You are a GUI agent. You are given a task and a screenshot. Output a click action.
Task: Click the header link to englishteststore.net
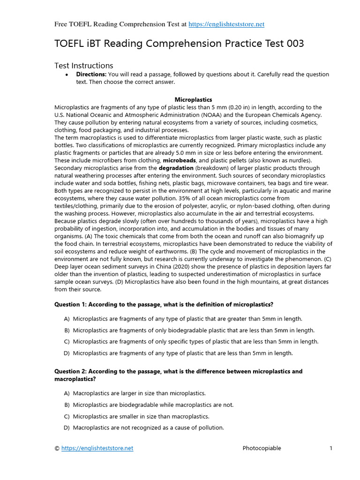[226, 24]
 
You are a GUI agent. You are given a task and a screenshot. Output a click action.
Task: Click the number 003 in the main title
[292, 44]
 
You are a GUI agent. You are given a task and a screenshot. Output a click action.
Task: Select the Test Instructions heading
[83, 66]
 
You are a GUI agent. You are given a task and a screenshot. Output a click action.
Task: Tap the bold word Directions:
[91, 75]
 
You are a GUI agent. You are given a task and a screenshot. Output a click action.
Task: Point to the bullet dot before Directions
[67, 75]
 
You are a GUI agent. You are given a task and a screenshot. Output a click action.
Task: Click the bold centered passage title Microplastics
[193, 99]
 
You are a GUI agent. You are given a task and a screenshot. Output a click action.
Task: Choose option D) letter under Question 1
[67, 353]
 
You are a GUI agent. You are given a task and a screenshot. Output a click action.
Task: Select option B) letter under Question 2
[67, 405]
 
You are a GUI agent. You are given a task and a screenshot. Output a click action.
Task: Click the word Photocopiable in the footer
[262, 448]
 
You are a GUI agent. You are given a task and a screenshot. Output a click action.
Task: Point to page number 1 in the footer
[330, 448]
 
